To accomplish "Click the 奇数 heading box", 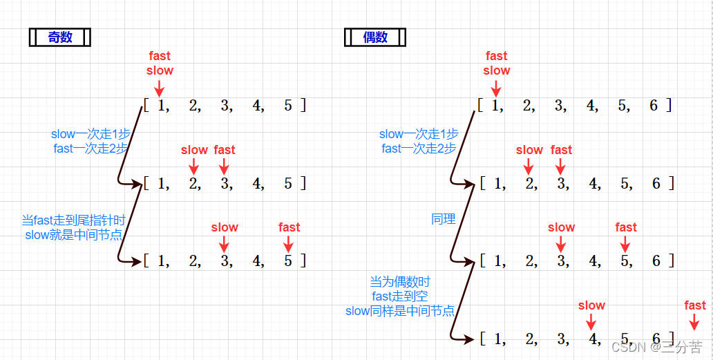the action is click(x=59, y=37).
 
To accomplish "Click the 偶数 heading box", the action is click(x=375, y=37).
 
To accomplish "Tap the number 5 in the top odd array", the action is click(x=288, y=106).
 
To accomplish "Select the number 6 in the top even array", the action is click(x=654, y=106).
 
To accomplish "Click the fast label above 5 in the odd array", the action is click(x=289, y=227).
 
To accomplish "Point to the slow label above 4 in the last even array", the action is click(x=591, y=305).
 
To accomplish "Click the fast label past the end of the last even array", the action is click(x=695, y=305).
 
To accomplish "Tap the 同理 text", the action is click(x=444, y=219).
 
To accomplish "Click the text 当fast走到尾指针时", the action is click(x=74, y=220).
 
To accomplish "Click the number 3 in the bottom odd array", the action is click(x=225, y=261).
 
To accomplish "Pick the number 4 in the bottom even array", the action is click(x=591, y=339).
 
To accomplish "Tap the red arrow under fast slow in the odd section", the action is click(x=159, y=88).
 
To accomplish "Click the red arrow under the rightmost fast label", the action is click(x=694, y=322).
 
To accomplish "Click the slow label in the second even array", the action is click(x=530, y=150).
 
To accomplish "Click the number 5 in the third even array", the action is click(x=624, y=261).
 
